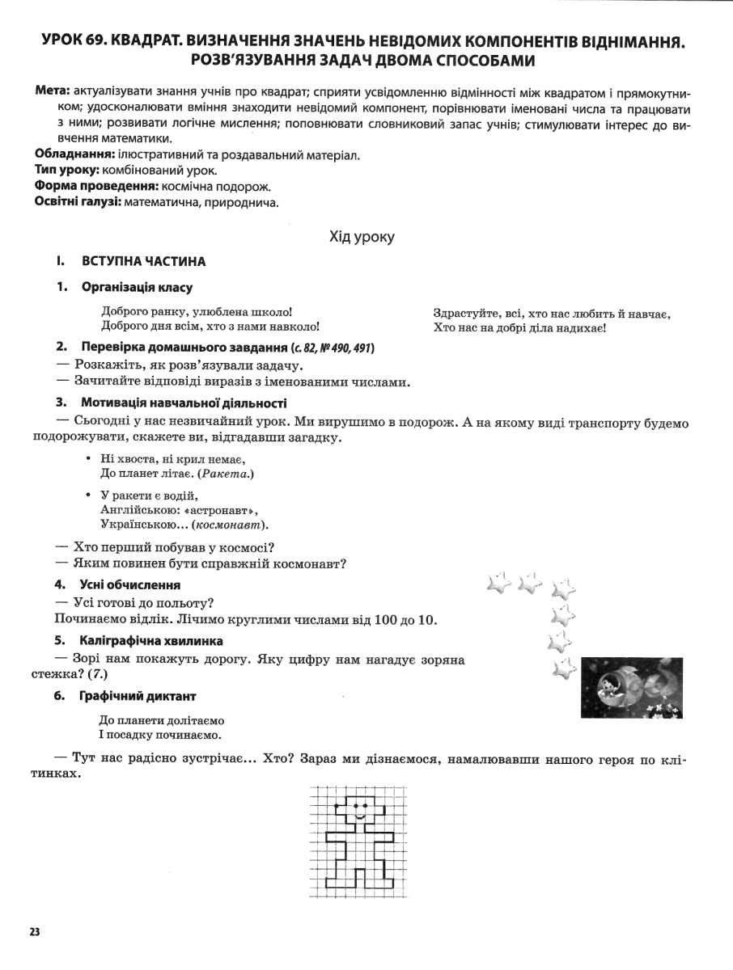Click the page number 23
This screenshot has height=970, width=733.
coord(34,931)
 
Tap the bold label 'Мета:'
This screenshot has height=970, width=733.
coord(53,92)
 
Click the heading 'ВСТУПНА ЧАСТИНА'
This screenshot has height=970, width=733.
coord(143,262)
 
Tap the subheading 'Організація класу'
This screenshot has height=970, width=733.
coord(137,288)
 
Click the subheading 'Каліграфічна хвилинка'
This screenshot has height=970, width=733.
coord(151,641)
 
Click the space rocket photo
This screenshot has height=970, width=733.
coord(631,687)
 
